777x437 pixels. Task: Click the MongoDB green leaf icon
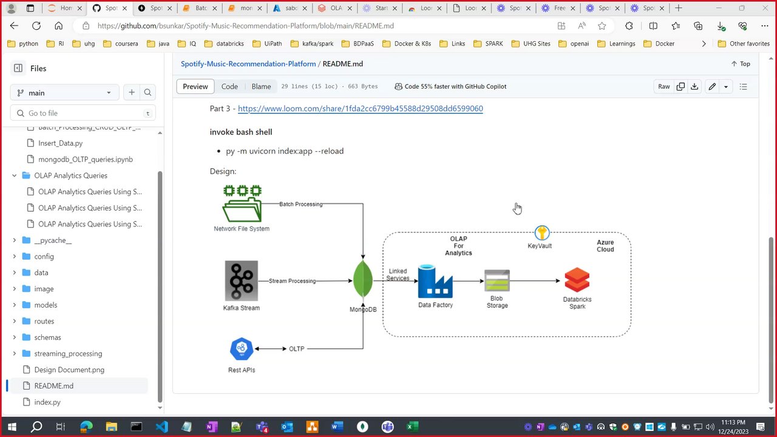point(363,280)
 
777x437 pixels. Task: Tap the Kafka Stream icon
point(241,280)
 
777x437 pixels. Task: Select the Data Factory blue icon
point(435,281)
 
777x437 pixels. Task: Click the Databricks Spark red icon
point(577,280)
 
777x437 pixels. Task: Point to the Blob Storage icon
point(497,281)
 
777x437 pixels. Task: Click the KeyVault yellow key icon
point(541,233)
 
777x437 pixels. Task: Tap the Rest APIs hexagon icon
point(242,349)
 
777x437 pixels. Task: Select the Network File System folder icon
point(242,204)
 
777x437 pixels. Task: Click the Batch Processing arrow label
point(300,204)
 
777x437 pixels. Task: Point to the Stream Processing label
point(292,281)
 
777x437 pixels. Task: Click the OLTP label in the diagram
point(296,349)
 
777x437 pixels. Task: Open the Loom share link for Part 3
point(360,109)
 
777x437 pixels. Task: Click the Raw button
point(664,86)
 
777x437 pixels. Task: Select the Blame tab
point(261,86)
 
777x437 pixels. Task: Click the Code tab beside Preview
point(229,86)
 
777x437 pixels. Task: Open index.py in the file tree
point(47,402)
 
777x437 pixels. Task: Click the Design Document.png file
point(69,370)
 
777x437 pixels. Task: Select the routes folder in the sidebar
point(44,321)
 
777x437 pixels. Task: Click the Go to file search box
point(83,113)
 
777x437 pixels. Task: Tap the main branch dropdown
point(64,93)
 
